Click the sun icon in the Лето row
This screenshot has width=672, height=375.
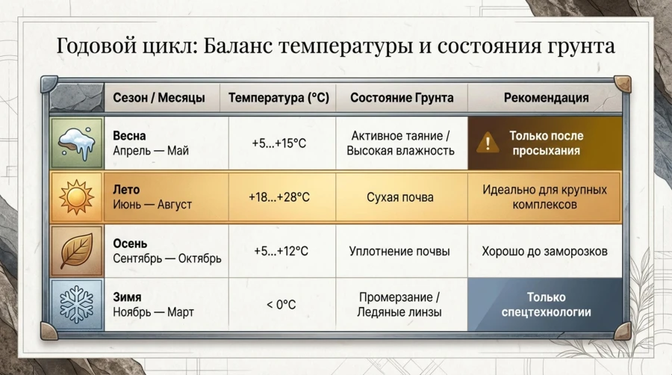coord(76,197)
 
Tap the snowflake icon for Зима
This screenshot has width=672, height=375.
coord(76,305)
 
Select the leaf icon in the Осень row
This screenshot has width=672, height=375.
coord(76,251)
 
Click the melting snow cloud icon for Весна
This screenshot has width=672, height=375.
coord(76,143)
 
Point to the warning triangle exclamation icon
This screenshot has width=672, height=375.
coord(488,143)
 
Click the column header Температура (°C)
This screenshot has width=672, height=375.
coord(278,98)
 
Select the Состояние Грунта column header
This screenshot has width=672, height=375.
coord(401,98)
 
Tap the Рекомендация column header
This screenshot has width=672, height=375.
coord(546,98)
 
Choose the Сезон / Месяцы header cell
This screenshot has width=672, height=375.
coord(161,98)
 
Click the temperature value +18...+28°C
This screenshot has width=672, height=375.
coord(278,197)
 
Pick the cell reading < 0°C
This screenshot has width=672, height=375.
coord(281,305)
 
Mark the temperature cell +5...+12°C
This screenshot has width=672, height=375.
coord(279,251)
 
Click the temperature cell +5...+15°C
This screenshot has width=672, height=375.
coord(279,143)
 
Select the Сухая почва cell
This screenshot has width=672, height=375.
coord(400,197)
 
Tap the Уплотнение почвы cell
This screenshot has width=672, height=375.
coord(400,251)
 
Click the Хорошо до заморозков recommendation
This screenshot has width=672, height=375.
coord(544,251)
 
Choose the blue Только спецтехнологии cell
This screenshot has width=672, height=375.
coord(546,305)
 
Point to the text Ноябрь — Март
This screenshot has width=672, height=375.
coord(153,312)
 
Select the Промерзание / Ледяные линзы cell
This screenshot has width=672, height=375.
coord(400,305)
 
